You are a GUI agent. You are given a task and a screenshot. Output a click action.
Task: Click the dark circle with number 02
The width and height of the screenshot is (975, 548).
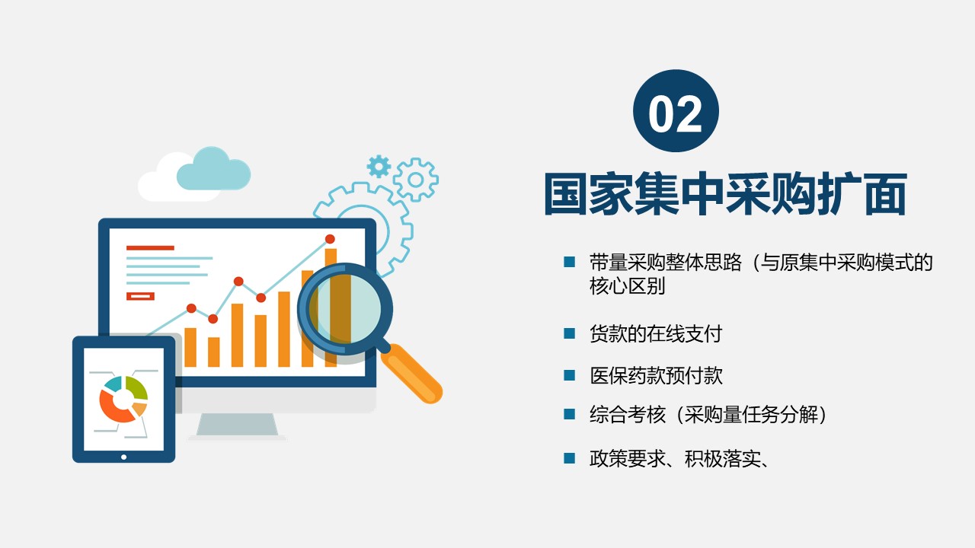[676, 111]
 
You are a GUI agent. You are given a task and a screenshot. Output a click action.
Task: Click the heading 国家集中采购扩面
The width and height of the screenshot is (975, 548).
[726, 194]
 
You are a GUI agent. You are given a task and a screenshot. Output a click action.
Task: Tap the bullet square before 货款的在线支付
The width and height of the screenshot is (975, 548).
[569, 333]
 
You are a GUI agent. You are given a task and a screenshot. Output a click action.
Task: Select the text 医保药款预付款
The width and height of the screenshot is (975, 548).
[656, 375]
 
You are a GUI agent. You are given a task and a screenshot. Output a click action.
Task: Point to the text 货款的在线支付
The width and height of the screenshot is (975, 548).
[656, 334]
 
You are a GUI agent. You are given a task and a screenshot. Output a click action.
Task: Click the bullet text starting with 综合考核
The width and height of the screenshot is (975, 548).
[708, 414]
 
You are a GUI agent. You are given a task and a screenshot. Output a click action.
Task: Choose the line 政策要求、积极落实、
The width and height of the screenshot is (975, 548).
[679, 458]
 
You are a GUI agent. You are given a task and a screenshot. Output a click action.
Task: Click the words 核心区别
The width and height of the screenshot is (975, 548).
[627, 285]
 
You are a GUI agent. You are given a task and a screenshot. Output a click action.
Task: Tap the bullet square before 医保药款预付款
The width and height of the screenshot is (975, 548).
[569, 375]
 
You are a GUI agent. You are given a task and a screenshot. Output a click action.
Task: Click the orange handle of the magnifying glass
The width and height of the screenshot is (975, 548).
[411, 373]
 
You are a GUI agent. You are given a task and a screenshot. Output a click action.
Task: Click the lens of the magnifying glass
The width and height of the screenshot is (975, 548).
[345, 309]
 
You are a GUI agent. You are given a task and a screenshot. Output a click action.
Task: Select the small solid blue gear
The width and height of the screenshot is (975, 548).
[379, 166]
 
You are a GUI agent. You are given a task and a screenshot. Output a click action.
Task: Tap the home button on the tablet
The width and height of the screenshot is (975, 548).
[123, 457]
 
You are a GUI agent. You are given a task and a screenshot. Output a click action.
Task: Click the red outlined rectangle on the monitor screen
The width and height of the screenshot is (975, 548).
[140, 296]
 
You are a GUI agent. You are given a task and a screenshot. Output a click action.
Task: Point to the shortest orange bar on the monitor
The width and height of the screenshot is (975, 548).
[214, 352]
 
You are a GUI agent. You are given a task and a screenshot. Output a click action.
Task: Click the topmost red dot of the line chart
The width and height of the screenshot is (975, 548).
[330, 239]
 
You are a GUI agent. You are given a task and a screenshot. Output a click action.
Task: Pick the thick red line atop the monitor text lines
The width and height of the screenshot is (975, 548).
[150, 248]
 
